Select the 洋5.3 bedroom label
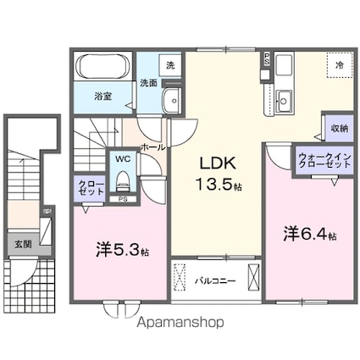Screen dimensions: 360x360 [122, 251]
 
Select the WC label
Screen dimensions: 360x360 [124, 158]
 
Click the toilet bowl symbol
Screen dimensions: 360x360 [124, 180]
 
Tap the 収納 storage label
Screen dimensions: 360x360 [339, 129]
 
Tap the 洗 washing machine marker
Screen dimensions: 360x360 [170, 65]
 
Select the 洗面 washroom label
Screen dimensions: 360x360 [148, 83]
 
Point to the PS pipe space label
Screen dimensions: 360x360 [124, 200]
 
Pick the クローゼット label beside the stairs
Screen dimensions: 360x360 [87, 187]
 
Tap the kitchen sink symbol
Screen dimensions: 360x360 [283, 99]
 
